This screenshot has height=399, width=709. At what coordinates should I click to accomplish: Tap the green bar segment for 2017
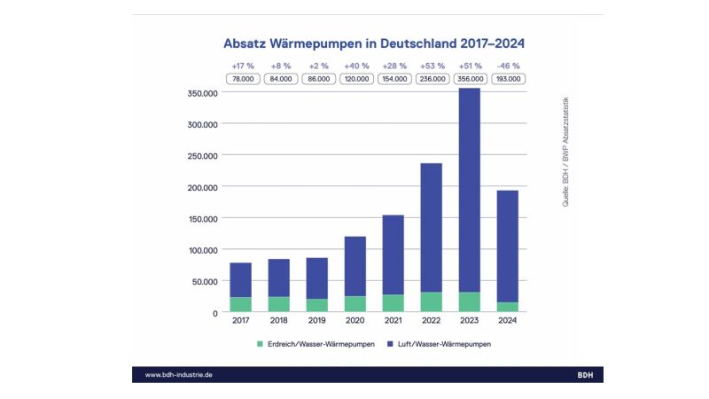click(240, 304)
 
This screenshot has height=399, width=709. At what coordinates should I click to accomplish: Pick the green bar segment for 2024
click(507, 307)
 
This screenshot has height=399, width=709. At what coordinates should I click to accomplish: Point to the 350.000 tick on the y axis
click(203, 93)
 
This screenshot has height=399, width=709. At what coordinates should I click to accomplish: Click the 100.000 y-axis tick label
click(203, 250)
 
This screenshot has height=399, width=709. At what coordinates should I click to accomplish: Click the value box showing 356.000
click(470, 79)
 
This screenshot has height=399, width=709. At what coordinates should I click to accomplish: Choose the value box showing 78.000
click(241, 79)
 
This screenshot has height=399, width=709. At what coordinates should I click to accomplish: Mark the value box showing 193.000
click(508, 79)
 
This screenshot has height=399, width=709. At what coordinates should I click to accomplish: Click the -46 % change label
click(508, 66)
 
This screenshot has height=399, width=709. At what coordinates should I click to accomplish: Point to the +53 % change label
click(432, 66)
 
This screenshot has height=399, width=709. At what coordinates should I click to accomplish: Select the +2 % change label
click(317, 66)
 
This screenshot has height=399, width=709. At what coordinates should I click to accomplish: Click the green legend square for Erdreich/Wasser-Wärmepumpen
click(260, 343)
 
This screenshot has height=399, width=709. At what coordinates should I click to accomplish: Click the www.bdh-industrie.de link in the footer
click(178, 375)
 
